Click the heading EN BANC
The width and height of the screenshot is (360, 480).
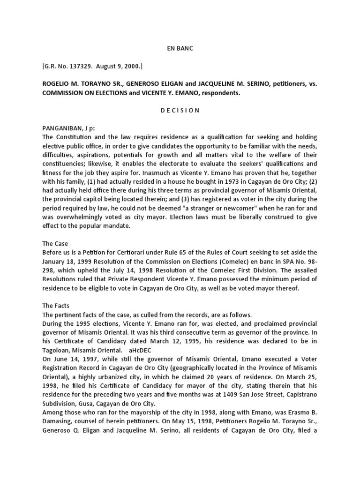(x=180, y=48)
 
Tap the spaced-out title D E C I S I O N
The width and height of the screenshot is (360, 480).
(x=180, y=111)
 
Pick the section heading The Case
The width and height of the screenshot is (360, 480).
(x=55, y=244)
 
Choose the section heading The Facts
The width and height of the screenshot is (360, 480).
(x=56, y=306)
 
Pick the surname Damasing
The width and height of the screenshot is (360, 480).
(x=57, y=420)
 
